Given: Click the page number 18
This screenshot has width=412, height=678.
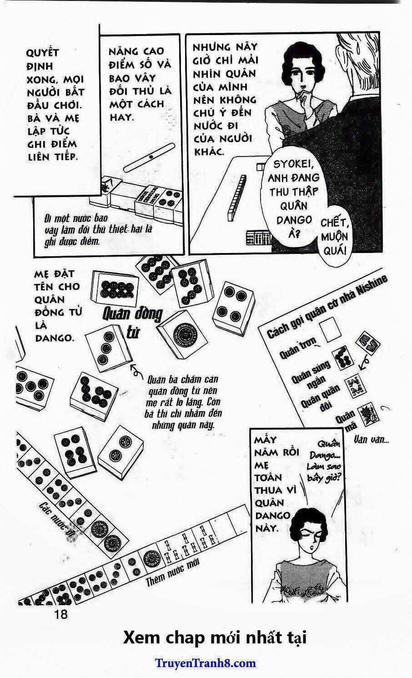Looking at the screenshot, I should point(60,614).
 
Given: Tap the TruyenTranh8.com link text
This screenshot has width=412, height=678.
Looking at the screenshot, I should point(206,663).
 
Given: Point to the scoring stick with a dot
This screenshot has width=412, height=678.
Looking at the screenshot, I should point(149,157).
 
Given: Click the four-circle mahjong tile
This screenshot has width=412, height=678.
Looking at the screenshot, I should point(233,304).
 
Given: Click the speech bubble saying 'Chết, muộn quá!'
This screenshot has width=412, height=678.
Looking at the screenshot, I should point(334,237).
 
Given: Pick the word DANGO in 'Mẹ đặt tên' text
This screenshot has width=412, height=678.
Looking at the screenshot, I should point(54,338).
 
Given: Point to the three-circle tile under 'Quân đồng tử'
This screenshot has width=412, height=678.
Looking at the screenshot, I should point(107,349).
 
